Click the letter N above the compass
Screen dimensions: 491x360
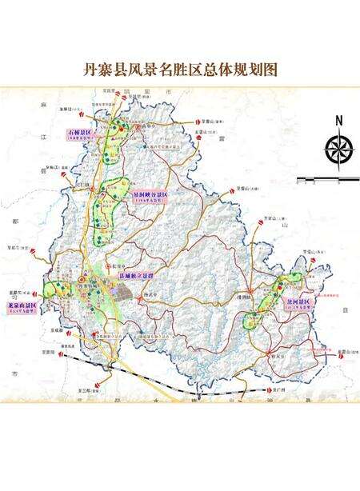(338, 121)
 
